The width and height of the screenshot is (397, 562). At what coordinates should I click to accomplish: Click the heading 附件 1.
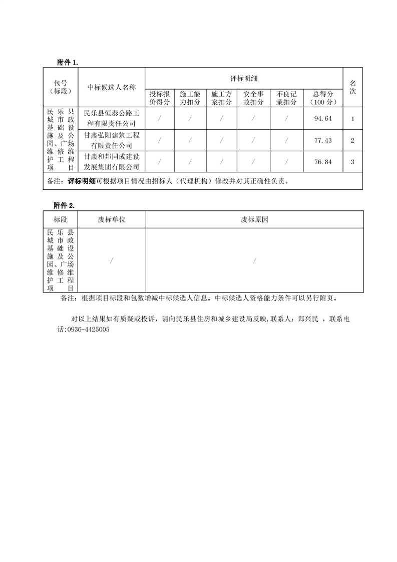[68, 63]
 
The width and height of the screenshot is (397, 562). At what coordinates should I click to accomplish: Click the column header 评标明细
[244, 79]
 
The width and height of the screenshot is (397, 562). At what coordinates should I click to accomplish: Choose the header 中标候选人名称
[112, 87]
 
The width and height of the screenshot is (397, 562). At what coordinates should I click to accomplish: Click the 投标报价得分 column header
[160, 98]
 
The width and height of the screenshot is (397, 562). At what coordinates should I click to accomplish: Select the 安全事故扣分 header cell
[254, 98]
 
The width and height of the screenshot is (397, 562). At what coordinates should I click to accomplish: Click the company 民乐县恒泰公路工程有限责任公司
[112, 119]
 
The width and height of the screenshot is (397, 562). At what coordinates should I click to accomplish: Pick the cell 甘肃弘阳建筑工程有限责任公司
[112, 140]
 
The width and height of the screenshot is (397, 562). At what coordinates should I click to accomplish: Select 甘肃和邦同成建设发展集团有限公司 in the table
[112, 162]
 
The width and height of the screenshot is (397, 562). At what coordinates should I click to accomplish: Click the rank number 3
[353, 162]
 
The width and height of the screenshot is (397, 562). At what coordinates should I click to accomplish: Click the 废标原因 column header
[254, 219]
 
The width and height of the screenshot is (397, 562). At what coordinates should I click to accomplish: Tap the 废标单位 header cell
[112, 219]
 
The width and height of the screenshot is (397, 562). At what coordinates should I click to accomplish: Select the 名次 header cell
[353, 87]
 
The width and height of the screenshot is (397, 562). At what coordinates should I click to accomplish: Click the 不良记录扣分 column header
[287, 98]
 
